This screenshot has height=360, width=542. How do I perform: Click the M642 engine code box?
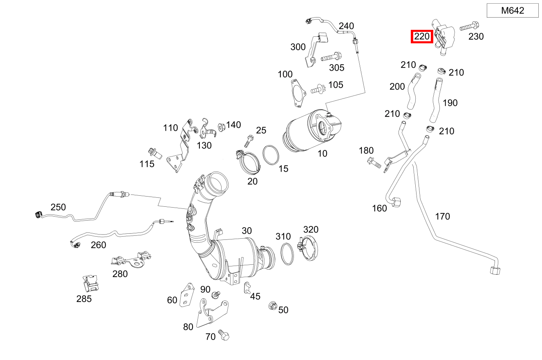513,11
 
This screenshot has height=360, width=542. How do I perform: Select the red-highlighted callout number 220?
422,36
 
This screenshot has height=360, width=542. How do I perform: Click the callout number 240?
346,26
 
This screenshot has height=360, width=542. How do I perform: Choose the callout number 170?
442,216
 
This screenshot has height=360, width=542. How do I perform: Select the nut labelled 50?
272,306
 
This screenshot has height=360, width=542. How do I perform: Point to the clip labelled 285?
90,282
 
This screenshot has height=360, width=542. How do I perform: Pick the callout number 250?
58,207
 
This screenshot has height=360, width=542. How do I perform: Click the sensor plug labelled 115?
155,153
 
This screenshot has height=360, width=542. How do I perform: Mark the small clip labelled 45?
247,288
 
